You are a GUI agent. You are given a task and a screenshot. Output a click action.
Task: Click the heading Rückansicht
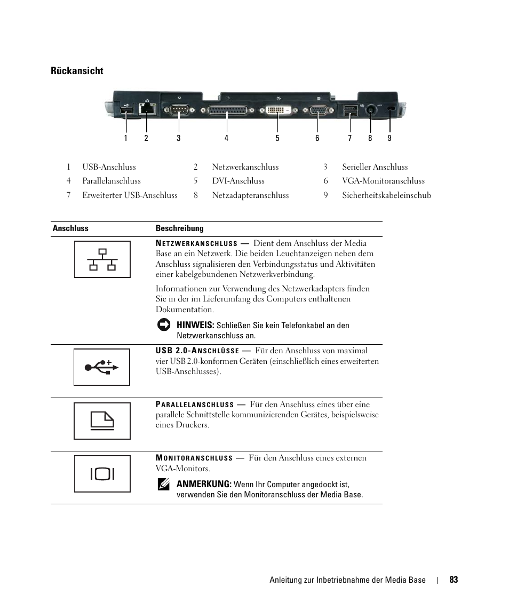pyautogui.click(x=77, y=71)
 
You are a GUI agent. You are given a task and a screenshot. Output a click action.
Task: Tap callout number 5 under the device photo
pyautogui.click(x=277, y=138)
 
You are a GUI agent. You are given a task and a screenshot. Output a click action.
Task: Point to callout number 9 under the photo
pyautogui.click(x=389, y=138)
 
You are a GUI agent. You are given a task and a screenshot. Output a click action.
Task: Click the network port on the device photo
pyautogui.click(x=147, y=108)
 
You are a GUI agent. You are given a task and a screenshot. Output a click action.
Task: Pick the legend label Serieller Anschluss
pyautogui.click(x=375, y=167)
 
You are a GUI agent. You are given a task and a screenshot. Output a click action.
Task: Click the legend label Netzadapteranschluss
pyautogui.click(x=250, y=195)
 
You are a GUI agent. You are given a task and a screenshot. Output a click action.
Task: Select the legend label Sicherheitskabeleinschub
pyautogui.click(x=386, y=195)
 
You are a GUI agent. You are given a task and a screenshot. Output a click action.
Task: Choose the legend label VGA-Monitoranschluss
pyautogui.click(x=383, y=181)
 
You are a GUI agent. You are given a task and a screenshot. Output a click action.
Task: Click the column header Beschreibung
pyautogui.click(x=179, y=228)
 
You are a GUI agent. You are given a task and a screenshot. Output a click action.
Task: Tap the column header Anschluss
pyautogui.click(x=70, y=228)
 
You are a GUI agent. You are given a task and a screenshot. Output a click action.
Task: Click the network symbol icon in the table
pyautogui.click(x=102, y=259)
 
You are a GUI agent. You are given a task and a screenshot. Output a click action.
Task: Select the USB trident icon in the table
pyautogui.click(x=101, y=367)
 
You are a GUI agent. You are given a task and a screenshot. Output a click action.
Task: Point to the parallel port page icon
pyautogui.click(x=102, y=421)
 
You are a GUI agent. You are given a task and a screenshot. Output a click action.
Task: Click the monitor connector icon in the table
pyautogui.click(x=102, y=474)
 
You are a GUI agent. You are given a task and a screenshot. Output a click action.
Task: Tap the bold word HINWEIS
pyautogui.click(x=195, y=325)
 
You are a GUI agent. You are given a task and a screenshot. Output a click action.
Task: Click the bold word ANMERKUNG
pyautogui.click(x=204, y=484)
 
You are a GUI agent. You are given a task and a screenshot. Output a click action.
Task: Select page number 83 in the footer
pyautogui.click(x=454, y=580)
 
